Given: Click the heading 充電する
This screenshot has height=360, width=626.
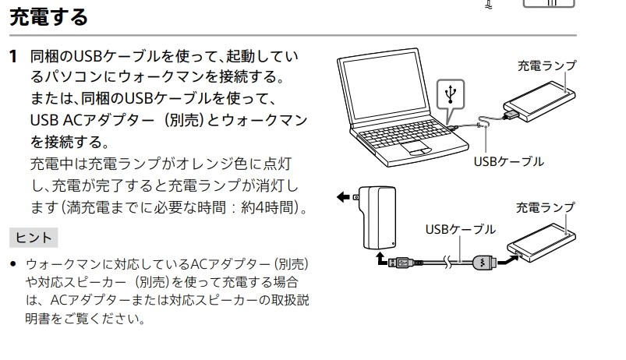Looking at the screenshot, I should point(48,16).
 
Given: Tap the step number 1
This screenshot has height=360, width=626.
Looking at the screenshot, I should point(12,58).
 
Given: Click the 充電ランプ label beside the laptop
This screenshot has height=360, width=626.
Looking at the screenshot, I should point(547,66).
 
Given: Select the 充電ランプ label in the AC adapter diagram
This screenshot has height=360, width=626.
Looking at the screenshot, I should point(546,206).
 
